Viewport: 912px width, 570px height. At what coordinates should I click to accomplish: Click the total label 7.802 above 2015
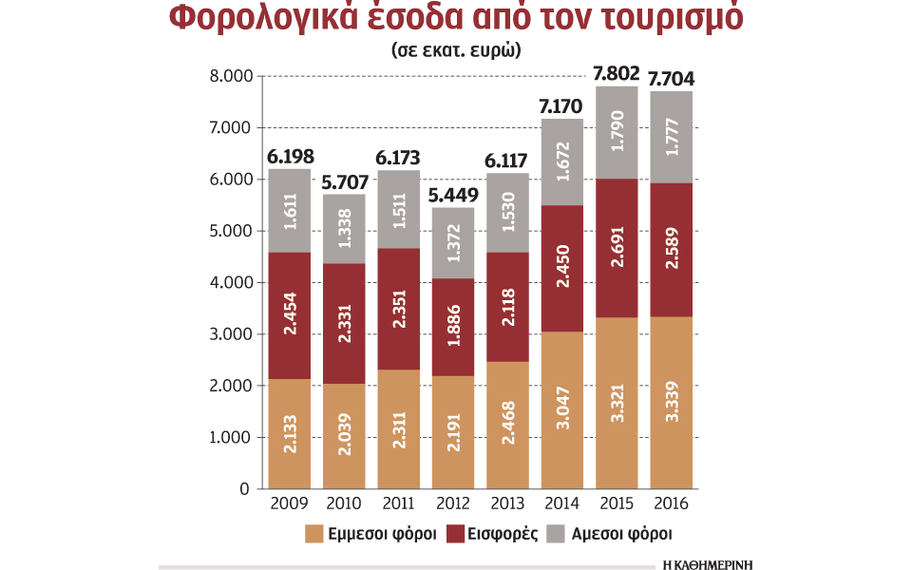click(617, 73)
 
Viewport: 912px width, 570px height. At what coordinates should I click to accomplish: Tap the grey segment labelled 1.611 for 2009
click(290, 211)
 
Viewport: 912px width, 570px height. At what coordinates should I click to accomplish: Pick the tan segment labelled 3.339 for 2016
click(671, 403)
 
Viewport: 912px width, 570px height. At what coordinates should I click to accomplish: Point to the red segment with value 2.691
click(617, 247)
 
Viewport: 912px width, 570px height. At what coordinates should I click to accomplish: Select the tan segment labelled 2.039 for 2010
click(344, 436)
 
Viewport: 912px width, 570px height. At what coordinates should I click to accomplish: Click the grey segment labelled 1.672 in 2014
click(562, 161)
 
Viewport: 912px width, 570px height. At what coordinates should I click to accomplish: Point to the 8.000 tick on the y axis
click(227, 76)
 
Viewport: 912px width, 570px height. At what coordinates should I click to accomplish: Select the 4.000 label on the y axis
click(227, 283)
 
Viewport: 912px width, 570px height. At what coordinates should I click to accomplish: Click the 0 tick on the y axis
click(244, 489)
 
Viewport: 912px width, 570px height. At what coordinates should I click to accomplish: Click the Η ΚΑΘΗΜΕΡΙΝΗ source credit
click(708, 563)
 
